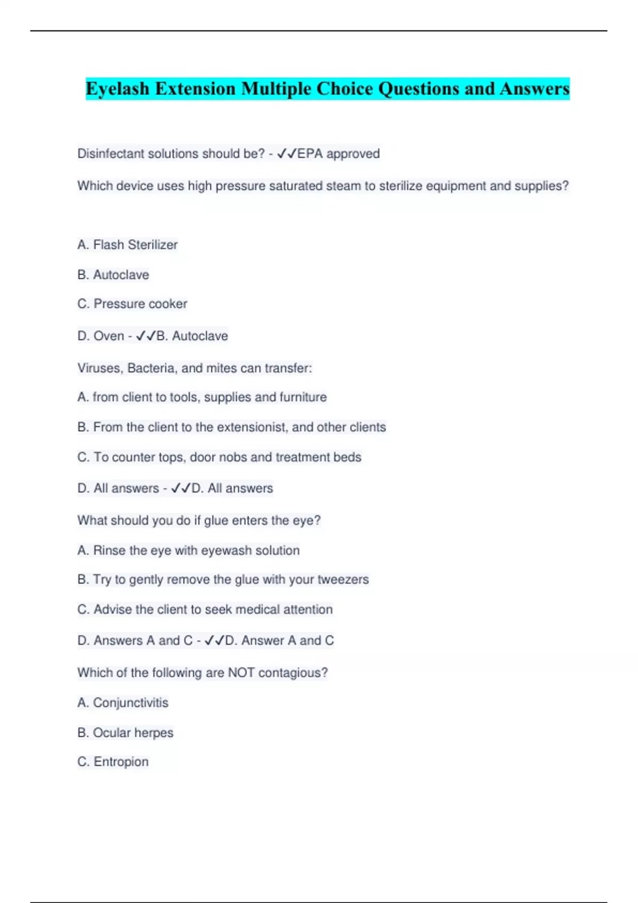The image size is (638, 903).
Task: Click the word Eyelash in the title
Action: point(117,89)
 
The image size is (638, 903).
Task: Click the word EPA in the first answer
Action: point(309,154)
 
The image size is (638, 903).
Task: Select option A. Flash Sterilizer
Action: point(128,245)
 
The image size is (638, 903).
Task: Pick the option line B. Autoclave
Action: point(113,275)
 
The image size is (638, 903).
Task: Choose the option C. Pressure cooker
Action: point(132,304)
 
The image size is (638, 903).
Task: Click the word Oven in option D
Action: point(108,336)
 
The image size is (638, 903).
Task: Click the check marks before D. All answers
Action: point(180,489)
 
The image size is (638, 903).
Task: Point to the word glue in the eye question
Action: point(216,521)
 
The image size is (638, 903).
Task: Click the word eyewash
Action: point(226,551)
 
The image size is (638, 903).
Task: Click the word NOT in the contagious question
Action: point(241,673)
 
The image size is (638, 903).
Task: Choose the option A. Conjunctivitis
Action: point(123,703)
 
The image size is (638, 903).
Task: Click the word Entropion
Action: point(121,762)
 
